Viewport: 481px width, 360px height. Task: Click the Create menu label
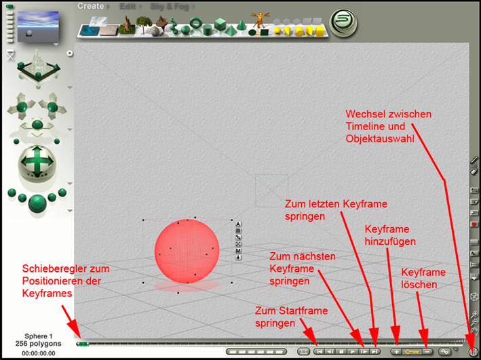point(90,6)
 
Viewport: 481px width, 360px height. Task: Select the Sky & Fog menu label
point(170,7)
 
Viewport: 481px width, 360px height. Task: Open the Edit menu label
point(128,6)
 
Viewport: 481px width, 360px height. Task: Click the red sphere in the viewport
point(187,251)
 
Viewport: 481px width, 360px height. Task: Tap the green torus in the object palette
point(195,22)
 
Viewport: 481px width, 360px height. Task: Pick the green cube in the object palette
point(220,24)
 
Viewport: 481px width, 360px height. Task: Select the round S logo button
point(343,22)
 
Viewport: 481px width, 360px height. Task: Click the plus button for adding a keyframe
point(396,351)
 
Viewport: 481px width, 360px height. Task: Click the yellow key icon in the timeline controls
point(412,352)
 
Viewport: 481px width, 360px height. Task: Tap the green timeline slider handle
point(83,344)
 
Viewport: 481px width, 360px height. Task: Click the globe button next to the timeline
point(473,351)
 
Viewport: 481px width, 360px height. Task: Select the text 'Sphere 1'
point(39,336)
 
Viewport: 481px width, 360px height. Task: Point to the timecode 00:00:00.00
point(39,353)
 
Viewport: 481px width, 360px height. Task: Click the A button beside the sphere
point(238,224)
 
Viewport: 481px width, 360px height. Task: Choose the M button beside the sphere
point(238,251)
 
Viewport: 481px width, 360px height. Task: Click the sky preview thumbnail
point(38,26)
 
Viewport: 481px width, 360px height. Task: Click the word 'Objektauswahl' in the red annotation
point(380,138)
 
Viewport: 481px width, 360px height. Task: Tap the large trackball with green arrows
point(37,161)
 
